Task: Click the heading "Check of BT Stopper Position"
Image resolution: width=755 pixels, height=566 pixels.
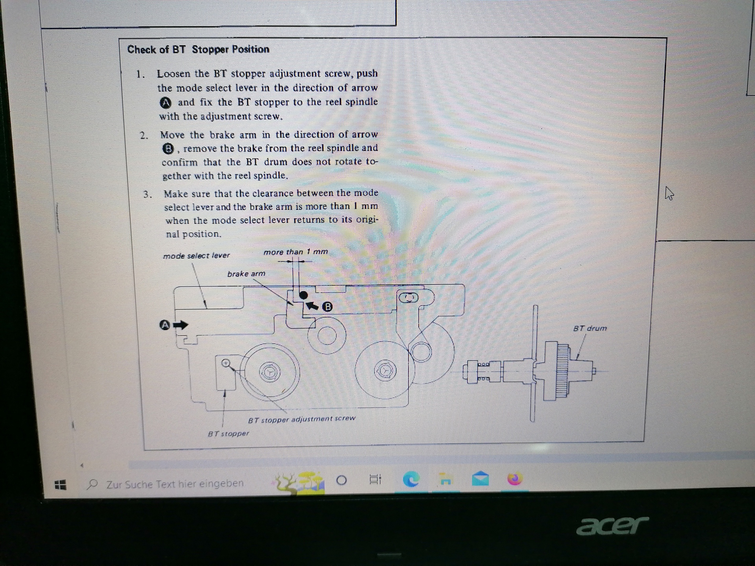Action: [198, 50]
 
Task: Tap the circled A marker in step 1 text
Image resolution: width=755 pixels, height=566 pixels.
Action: [166, 103]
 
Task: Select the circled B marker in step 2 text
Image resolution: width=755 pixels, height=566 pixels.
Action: [168, 149]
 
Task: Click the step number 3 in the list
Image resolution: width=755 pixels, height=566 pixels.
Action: [147, 194]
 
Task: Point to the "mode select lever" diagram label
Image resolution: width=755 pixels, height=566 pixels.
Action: [196, 255]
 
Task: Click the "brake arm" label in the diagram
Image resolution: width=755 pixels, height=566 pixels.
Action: [246, 274]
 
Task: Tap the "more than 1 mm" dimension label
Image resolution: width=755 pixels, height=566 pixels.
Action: [296, 252]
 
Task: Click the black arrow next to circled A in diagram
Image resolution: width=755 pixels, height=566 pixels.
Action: [181, 325]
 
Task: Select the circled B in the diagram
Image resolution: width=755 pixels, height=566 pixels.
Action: [327, 307]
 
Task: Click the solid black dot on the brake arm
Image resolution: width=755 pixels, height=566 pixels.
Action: [304, 295]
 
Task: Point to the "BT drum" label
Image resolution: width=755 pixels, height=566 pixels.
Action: [590, 328]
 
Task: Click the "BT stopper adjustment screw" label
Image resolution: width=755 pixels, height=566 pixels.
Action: [302, 419]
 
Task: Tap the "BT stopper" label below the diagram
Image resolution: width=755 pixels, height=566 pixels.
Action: [228, 434]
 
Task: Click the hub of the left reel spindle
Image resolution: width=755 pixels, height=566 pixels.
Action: [270, 372]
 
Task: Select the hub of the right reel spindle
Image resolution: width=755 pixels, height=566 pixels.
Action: [385, 371]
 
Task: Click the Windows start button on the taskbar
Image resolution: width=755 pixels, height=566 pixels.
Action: [60, 485]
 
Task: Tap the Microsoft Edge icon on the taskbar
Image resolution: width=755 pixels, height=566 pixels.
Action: [411, 480]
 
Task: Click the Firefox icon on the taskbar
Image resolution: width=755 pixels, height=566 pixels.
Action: [515, 479]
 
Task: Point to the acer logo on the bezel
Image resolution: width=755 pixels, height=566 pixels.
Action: [613, 526]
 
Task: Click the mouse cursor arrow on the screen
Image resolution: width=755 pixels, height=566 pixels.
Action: [669, 193]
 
